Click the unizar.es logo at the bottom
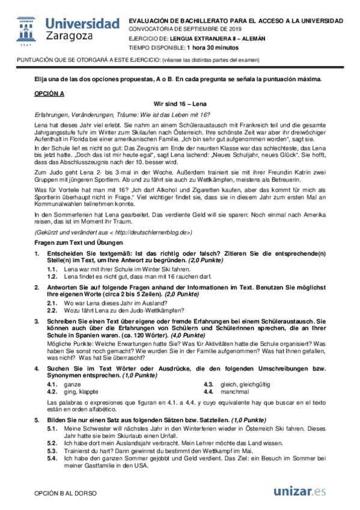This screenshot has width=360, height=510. point(300,492)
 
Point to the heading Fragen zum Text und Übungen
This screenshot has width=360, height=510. point(77,242)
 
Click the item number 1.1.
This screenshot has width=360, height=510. point(52,270)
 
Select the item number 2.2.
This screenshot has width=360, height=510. point(52,311)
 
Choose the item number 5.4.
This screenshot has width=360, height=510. point(52,458)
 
